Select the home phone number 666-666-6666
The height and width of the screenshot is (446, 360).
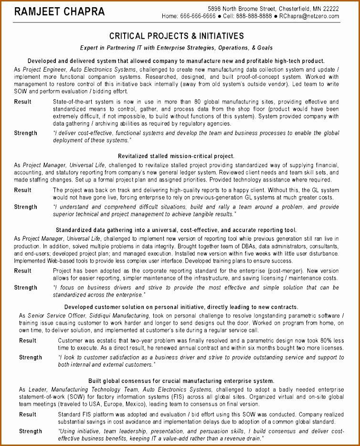pos(198,16)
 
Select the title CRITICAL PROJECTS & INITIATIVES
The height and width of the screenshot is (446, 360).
pos(177,36)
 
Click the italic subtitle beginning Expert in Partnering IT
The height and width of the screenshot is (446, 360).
pos(177,48)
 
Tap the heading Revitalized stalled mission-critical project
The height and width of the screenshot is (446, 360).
pos(176,156)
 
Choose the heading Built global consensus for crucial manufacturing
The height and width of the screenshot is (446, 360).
pos(181,381)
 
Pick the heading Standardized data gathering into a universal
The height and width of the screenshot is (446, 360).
pos(176,230)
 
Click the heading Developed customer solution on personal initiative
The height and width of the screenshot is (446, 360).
pos(181,307)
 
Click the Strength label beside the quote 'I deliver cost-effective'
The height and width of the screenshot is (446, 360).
pos(25,133)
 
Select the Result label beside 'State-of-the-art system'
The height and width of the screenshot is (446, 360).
pos(22,102)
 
